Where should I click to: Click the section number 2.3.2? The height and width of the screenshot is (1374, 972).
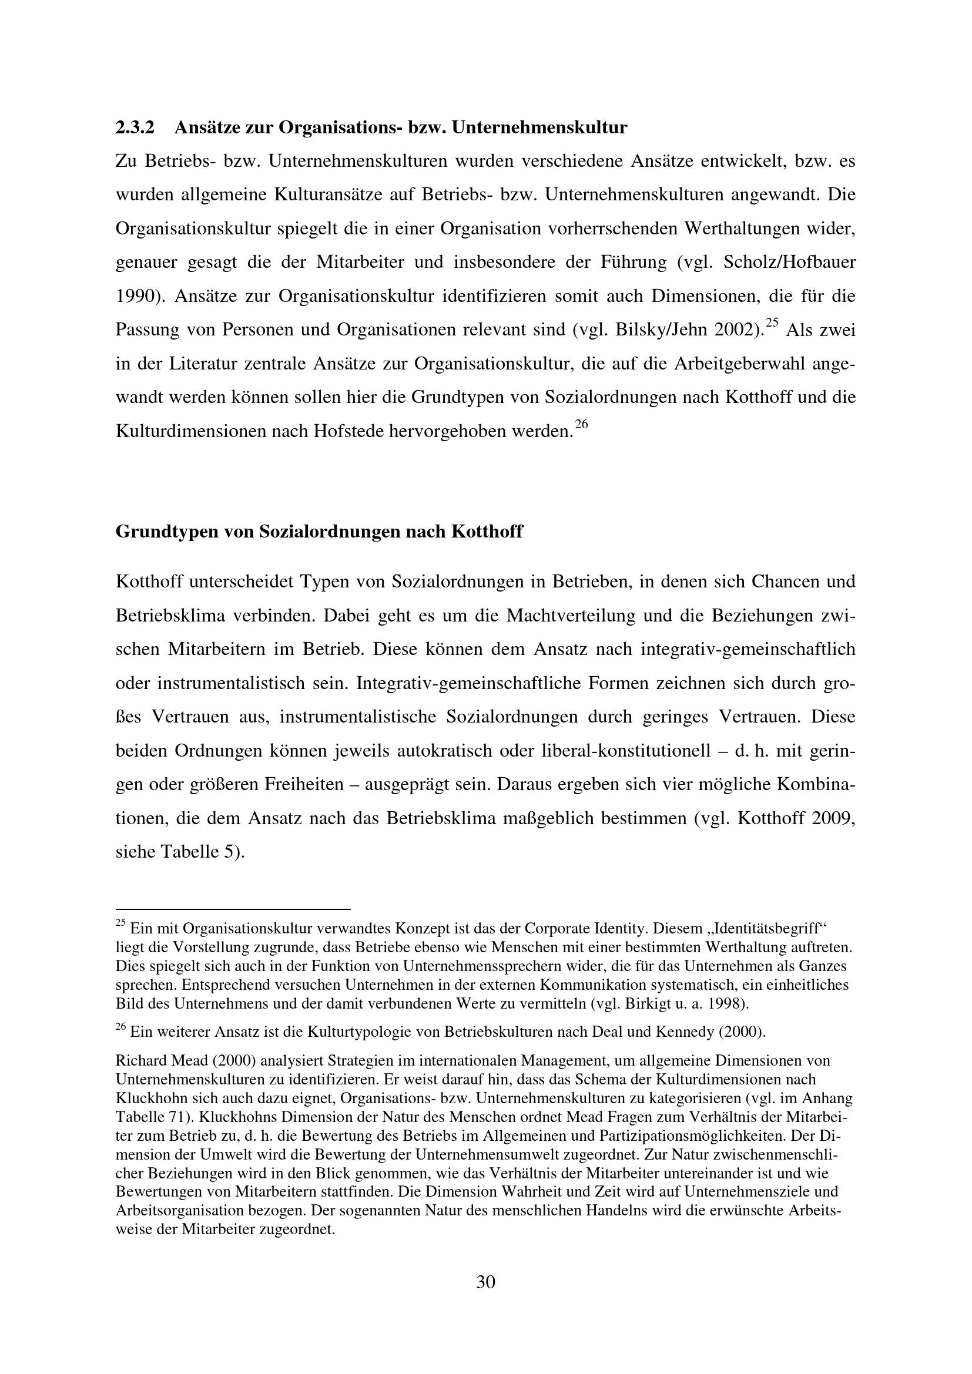click(135, 127)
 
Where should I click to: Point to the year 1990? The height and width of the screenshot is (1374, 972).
click(136, 295)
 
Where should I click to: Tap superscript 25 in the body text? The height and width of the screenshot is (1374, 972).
click(772, 322)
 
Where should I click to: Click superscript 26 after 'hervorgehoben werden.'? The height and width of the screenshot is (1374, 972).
click(581, 424)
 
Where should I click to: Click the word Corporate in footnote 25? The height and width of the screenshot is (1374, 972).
click(554, 929)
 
